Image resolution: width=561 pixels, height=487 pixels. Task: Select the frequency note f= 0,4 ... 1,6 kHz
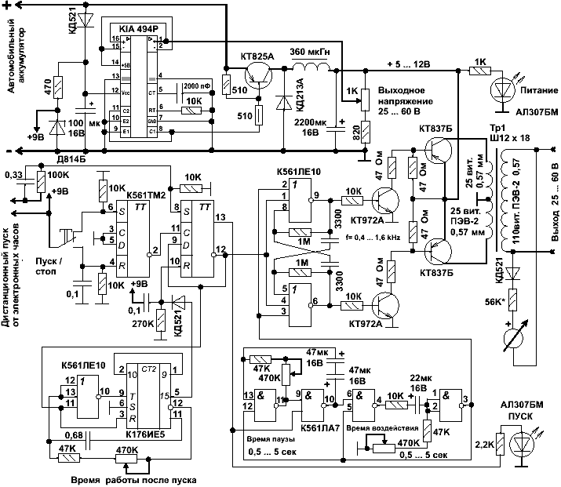(315, 236)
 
